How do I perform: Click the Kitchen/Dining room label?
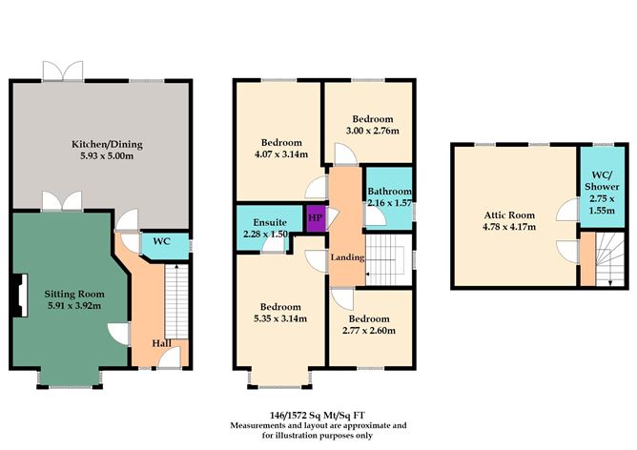[x=107, y=144]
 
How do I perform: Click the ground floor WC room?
[x=162, y=242]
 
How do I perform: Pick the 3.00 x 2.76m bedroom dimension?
[x=371, y=130]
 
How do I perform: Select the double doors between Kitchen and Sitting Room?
[x=57, y=202]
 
